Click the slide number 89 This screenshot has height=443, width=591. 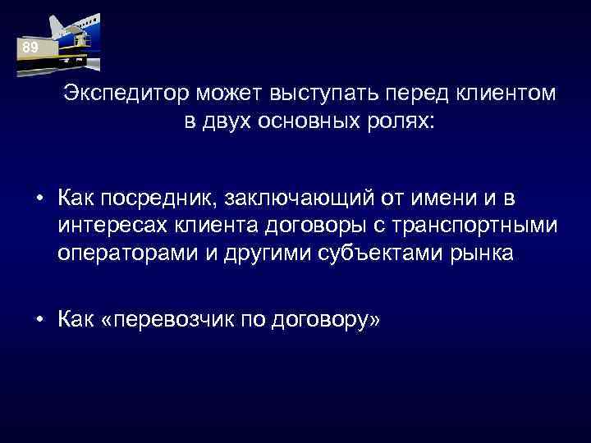point(30,48)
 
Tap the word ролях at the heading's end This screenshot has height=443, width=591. point(409,122)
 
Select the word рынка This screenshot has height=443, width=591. point(480,253)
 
